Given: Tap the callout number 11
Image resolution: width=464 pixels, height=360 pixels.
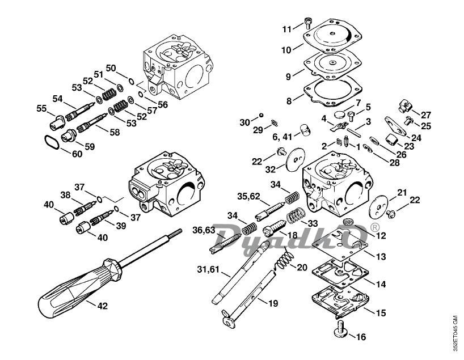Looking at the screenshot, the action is [x=287, y=29].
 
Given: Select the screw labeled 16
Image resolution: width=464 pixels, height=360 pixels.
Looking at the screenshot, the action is [x=341, y=328].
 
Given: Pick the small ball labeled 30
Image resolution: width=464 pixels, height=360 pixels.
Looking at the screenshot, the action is [x=261, y=115].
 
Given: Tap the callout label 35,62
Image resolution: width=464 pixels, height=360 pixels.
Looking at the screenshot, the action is [x=248, y=196].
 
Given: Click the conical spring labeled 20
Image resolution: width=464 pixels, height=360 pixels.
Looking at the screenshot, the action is [x=284, y=259].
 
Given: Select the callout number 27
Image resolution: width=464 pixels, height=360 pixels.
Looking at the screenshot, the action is [x=426, y=115].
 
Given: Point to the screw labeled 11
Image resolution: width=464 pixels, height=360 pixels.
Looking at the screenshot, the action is [x=307, y=23].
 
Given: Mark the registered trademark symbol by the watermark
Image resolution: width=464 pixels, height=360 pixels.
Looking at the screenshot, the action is [x=374, y=227].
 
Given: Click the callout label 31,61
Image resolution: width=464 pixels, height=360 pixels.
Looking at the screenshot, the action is [x=208, y=269].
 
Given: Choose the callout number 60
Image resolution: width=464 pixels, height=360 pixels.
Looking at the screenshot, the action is [x=77, y=154].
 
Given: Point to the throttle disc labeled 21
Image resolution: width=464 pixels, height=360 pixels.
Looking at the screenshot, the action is [x=378, y=207].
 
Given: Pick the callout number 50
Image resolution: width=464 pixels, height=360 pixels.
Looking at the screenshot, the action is [x=111, y=69].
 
